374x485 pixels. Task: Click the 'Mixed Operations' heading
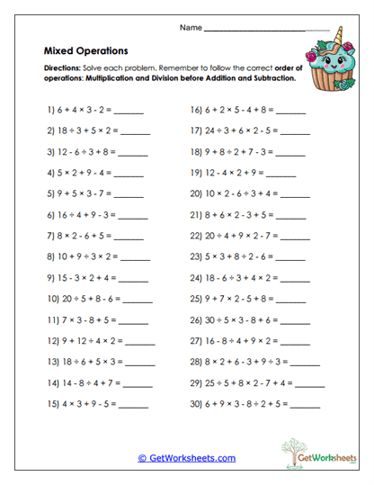[x=85, y=51]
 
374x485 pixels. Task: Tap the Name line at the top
[x=267, y=29]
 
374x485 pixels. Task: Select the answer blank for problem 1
[x=129, y=112]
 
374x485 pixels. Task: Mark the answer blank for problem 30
[x=307, y=405]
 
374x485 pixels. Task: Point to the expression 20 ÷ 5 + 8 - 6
[x=86, y=298]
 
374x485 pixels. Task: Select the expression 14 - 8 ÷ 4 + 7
[x=86, y=382]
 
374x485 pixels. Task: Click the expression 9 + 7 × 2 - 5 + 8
[x=238, y=298]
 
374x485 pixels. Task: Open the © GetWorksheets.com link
[x=187, y=457]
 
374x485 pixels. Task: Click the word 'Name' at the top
[x=191, y=28]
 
